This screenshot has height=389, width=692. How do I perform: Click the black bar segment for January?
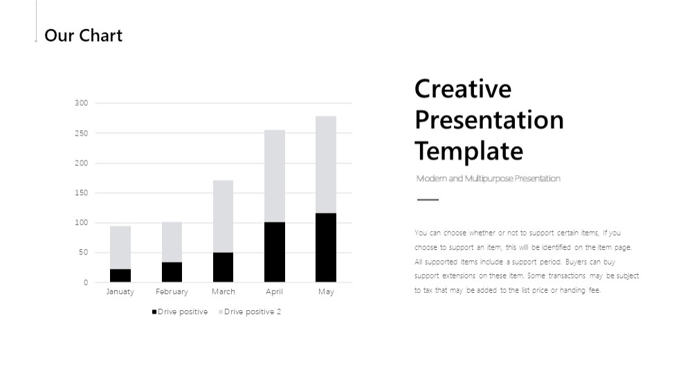[x=120, y=275]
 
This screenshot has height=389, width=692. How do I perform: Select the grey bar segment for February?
[x=172, y=242]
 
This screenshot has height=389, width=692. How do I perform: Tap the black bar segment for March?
[x=223, y=267]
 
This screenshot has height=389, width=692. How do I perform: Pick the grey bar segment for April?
[x=275, y=176]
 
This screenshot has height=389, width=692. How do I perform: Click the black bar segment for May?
[x=326, y=248]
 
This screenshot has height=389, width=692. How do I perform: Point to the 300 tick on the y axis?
[x=81, y=103]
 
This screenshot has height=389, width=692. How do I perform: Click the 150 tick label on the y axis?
[x=81, y=192]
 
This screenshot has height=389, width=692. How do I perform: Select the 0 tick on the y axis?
[x=86, y=282]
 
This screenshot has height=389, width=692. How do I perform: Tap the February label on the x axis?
[x=172, y=292]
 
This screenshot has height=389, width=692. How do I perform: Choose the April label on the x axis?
[x=274, y=292]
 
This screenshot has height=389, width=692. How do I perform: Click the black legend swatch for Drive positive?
[x=154, y=311]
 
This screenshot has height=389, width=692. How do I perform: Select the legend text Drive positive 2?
[x=253, y=311]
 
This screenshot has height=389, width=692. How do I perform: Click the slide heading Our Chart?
[x=84, y=35]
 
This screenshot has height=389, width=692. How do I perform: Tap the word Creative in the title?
[x=463, y=89]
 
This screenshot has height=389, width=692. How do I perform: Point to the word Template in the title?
[x=468, y=152]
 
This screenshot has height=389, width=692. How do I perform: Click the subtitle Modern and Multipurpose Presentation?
[x=488, y=179]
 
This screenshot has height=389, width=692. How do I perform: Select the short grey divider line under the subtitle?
[x=428, y=199]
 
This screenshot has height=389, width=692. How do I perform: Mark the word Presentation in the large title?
[x=489, y=120]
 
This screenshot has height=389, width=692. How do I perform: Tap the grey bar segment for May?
[x=326, y=165]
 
